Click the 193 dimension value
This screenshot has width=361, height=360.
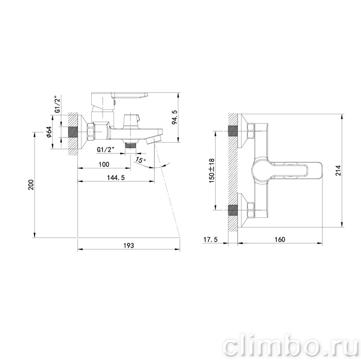[x=129, y=246]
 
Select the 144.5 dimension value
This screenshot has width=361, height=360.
[x=116, y=178]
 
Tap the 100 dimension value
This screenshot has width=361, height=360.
[x=104, y=164]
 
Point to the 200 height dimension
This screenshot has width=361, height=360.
[x=31, y=184]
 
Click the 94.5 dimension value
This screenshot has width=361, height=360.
[x=174, y=117]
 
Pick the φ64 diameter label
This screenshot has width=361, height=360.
[x=49, y=132]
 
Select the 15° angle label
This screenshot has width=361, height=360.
[x=140, y=160]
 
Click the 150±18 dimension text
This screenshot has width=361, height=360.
[x=211, y=170]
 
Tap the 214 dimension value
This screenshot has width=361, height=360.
[x=338, y=170]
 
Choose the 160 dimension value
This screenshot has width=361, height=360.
[x=280, y=239]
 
